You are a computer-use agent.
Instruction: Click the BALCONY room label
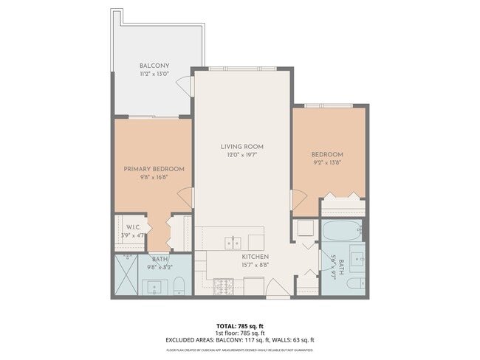pyautogui.click(x=154, y=66)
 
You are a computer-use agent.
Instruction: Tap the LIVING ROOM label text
pyautogui.click(x=241, y=147)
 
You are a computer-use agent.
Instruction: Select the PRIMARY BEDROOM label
pyautogui.click(x=154, y=169)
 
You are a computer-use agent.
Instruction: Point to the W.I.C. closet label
pyautogui.click(x=133, y=227)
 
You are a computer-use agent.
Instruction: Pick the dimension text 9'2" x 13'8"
pyautogui.click(x=328, y=162)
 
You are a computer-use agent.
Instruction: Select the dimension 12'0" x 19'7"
pyautogui.click(x=241, y=155)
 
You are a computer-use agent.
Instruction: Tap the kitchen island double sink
pyautogui.click(x=232, y=242)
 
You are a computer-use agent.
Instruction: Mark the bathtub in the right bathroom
pyautogui.click(x=341, y=231)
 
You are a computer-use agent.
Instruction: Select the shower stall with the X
pyautogui.click(x=126, y=274)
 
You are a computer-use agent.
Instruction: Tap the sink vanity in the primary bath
pyautogui.click(x=155, y=286)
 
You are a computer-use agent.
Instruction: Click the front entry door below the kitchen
pyautogui.click(x=278, y=289)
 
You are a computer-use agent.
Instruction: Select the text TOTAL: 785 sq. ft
pyautogui.click(x=239, y=325)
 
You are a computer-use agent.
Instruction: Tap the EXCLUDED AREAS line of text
pyautogui.click(x=239, y=339)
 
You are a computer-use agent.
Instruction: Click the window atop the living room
pyautogui.click(x=241, y=69)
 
